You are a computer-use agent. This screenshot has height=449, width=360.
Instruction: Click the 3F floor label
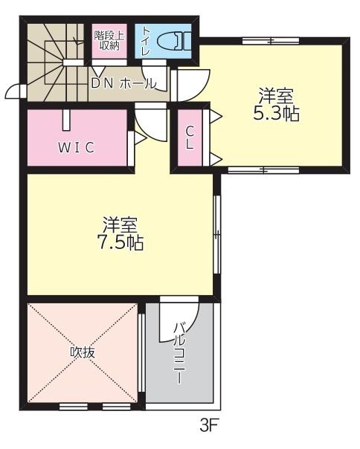tap(209, 425)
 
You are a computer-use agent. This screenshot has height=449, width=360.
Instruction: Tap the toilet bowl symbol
tap(174, 41)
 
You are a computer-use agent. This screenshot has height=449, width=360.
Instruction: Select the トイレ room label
tap(147, 41)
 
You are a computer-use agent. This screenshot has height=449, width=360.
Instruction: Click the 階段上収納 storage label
tap(109, 40)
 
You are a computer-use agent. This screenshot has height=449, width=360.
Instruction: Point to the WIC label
tap(77, 147)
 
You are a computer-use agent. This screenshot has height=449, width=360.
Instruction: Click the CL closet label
tap(190, 138)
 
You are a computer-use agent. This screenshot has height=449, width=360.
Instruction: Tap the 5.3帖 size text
tap(276, 114)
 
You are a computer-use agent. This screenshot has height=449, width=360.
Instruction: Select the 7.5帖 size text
tap(120, 242)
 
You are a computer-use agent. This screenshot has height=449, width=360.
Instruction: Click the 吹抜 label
tap(83, 352)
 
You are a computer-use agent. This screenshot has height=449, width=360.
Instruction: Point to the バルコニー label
tap(180, 353)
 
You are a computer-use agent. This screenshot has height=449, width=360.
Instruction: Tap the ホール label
tap(138, 83)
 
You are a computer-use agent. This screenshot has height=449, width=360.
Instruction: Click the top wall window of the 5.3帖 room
tap(271, 41)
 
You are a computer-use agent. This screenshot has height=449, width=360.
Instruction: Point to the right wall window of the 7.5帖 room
tap(218, 235)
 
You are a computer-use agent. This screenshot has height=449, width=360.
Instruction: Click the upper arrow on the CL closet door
tap(216, 116)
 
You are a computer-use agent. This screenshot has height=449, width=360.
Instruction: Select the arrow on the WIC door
tap(141, 138)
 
